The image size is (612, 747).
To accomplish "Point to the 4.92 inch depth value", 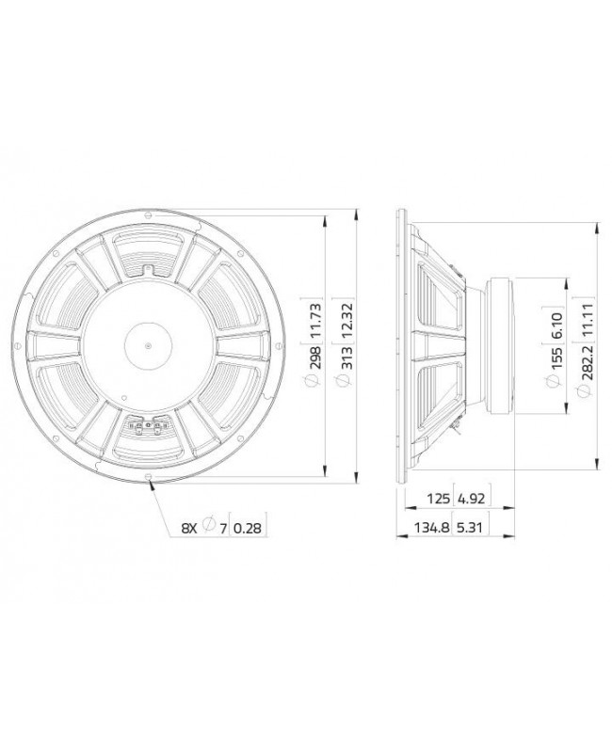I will point(470,498).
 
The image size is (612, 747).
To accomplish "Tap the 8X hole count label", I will point(191,530).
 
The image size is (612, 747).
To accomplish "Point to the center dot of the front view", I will point(147,345).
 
